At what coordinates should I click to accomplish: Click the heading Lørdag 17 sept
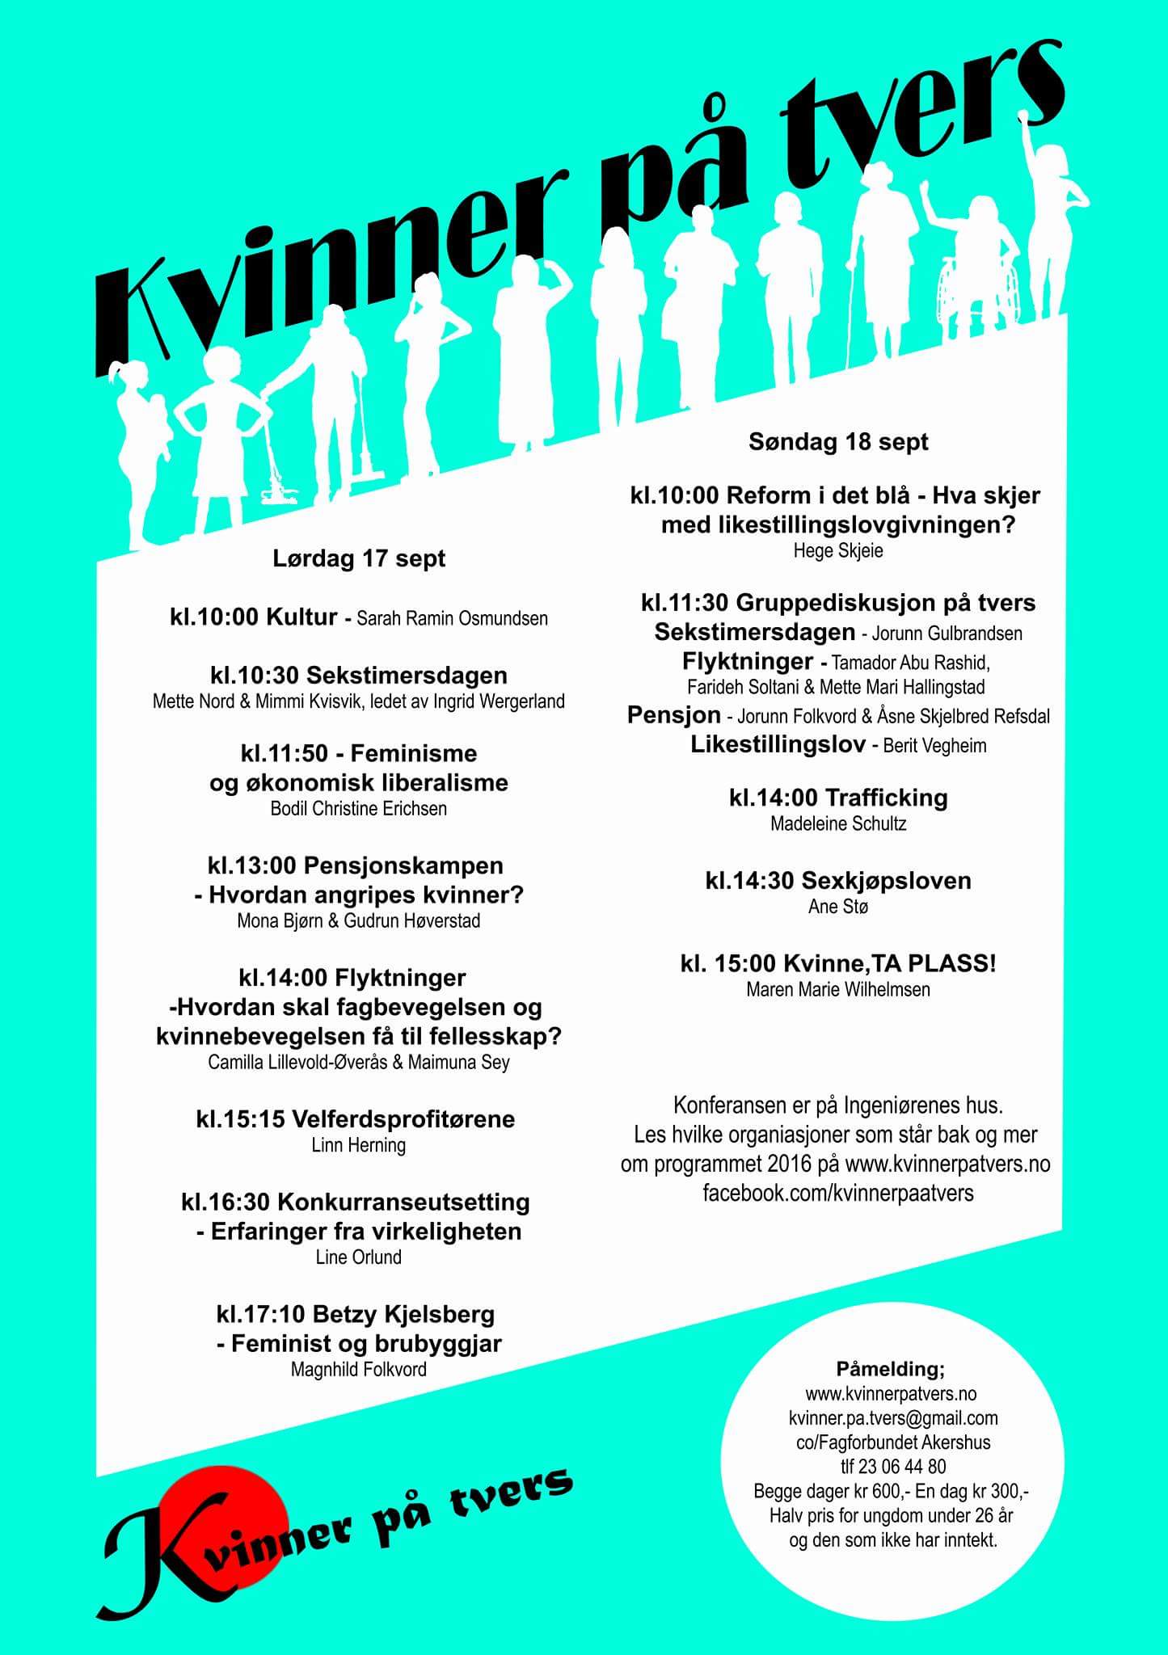359,558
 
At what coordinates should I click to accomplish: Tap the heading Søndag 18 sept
838,442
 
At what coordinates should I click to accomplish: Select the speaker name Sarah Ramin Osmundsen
452,619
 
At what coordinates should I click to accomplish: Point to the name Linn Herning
358,1145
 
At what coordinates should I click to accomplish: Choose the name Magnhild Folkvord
358,1370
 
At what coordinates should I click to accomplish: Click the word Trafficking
886,798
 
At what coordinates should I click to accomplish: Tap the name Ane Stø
838,907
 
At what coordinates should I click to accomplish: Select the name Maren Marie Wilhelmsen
838,989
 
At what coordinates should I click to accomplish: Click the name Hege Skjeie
838,551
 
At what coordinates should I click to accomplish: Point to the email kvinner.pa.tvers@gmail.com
893,1418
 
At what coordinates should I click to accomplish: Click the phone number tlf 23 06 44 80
893,1467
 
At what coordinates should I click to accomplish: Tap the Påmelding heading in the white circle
890,1369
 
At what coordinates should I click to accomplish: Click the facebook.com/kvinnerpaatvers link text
838,1193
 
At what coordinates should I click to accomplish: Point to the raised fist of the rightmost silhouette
1025,118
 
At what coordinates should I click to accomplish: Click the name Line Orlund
358,1257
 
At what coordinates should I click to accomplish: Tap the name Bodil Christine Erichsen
358,809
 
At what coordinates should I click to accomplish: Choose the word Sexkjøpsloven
885,880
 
